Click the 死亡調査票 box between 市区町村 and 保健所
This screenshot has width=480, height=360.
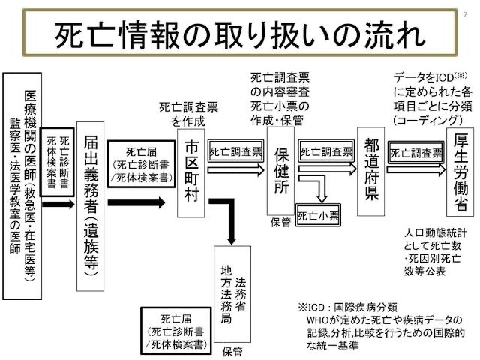tap(236, 151)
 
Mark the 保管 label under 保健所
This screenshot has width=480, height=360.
tap(280, 223)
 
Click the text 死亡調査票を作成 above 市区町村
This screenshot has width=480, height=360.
tap(193, 113)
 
